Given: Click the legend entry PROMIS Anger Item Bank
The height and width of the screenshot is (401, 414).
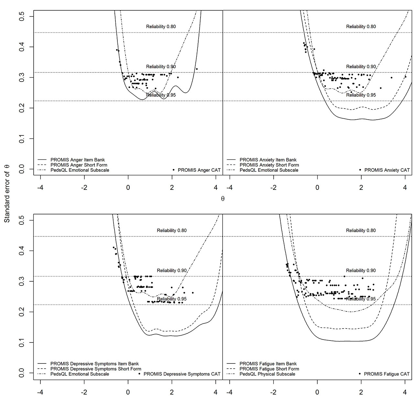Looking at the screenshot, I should coord(78,160).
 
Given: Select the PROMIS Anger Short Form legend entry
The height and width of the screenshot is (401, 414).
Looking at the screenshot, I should coord(79,165).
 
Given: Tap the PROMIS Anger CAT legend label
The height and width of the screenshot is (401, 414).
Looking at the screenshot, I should coord(199,170).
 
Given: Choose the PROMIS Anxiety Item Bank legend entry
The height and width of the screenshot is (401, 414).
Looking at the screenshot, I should coord(268,160).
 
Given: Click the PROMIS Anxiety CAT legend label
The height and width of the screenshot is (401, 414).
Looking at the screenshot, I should coord(387,170).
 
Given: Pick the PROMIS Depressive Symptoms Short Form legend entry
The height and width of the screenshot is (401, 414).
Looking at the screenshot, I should coord(96,369).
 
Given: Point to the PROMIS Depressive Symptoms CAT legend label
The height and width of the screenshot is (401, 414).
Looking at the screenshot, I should coord(182,374).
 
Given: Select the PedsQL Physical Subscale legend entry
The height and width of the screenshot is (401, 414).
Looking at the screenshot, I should coord(267,374).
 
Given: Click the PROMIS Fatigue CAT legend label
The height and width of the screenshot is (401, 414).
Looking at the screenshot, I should coord(387,374).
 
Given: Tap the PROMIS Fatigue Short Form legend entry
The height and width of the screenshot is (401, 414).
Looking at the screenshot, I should coord(269,369).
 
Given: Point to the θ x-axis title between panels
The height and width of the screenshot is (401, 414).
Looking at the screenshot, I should coord(223,199).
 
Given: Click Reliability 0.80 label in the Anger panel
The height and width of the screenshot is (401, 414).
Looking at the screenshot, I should coord(161,27).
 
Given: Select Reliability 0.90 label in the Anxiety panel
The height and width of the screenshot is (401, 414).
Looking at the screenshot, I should coord(361,67).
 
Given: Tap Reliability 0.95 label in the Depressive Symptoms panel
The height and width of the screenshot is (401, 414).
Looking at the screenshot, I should coord(171,299).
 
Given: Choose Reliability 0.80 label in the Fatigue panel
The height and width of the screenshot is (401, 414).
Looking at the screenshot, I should coord(361,231).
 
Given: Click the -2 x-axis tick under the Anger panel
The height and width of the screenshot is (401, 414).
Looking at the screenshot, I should coord(84,188).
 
